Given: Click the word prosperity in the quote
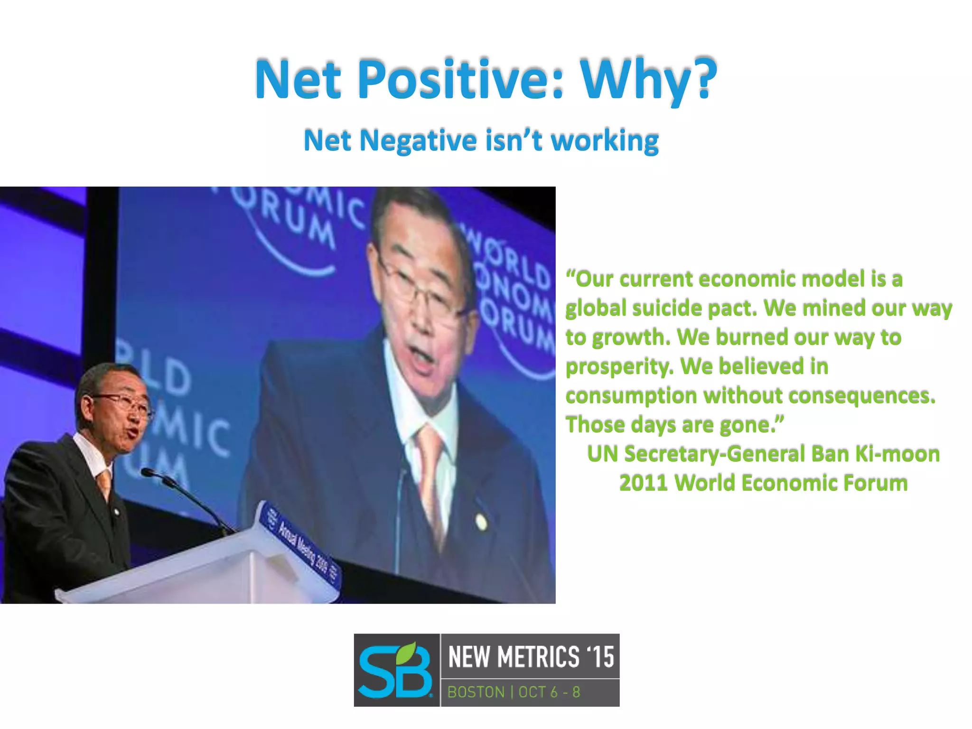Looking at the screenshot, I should pyautogui.click(x=619, y=366).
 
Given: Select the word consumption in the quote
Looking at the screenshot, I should pyautogui.click(x=631, y=396).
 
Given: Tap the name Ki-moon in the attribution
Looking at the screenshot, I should pyautogui.click(x=897, y=454).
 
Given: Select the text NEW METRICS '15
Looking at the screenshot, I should pyautogui.click(x=531, y=657).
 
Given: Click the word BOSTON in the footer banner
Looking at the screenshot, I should pyautogui.click(x=476, y=692).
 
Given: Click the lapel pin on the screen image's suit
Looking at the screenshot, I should pyautogui.click(x=481, y=522).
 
